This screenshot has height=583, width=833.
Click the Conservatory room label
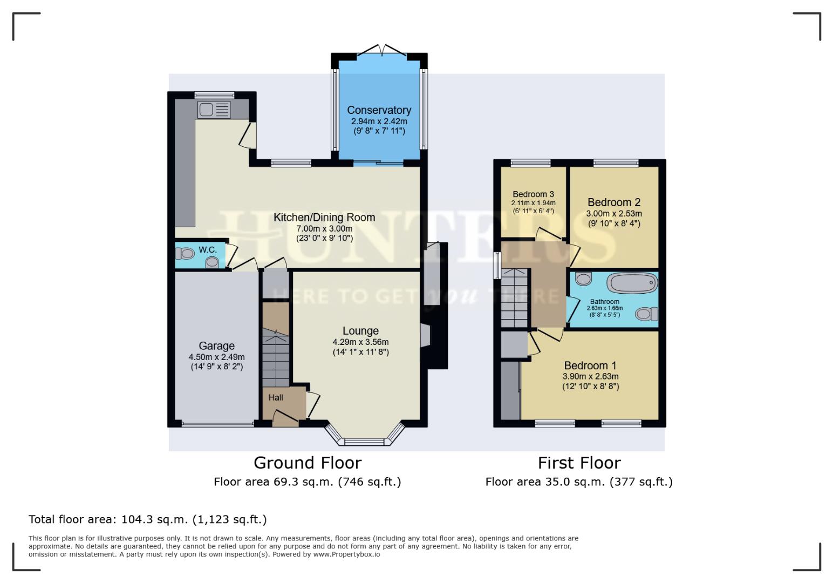(379, 110)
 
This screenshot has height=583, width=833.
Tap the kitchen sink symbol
(214, 110)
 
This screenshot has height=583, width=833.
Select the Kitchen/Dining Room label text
(324, 218)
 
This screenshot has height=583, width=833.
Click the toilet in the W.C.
(185, 253)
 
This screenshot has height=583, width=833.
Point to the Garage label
(216, 346)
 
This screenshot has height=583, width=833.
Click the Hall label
(276, 398)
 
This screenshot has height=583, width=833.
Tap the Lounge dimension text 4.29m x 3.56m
(360, 342)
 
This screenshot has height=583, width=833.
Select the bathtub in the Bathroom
(632, 282)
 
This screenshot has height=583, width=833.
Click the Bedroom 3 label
(533, 194)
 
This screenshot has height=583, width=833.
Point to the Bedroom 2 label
(614, 202)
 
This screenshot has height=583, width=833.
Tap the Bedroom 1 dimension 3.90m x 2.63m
(590, 376)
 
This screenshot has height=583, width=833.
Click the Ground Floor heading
(307, 463)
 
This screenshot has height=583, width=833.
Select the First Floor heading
(579, 463)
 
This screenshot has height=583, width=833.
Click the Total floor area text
(147, 519)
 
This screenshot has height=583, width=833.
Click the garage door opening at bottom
(218, 424)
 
